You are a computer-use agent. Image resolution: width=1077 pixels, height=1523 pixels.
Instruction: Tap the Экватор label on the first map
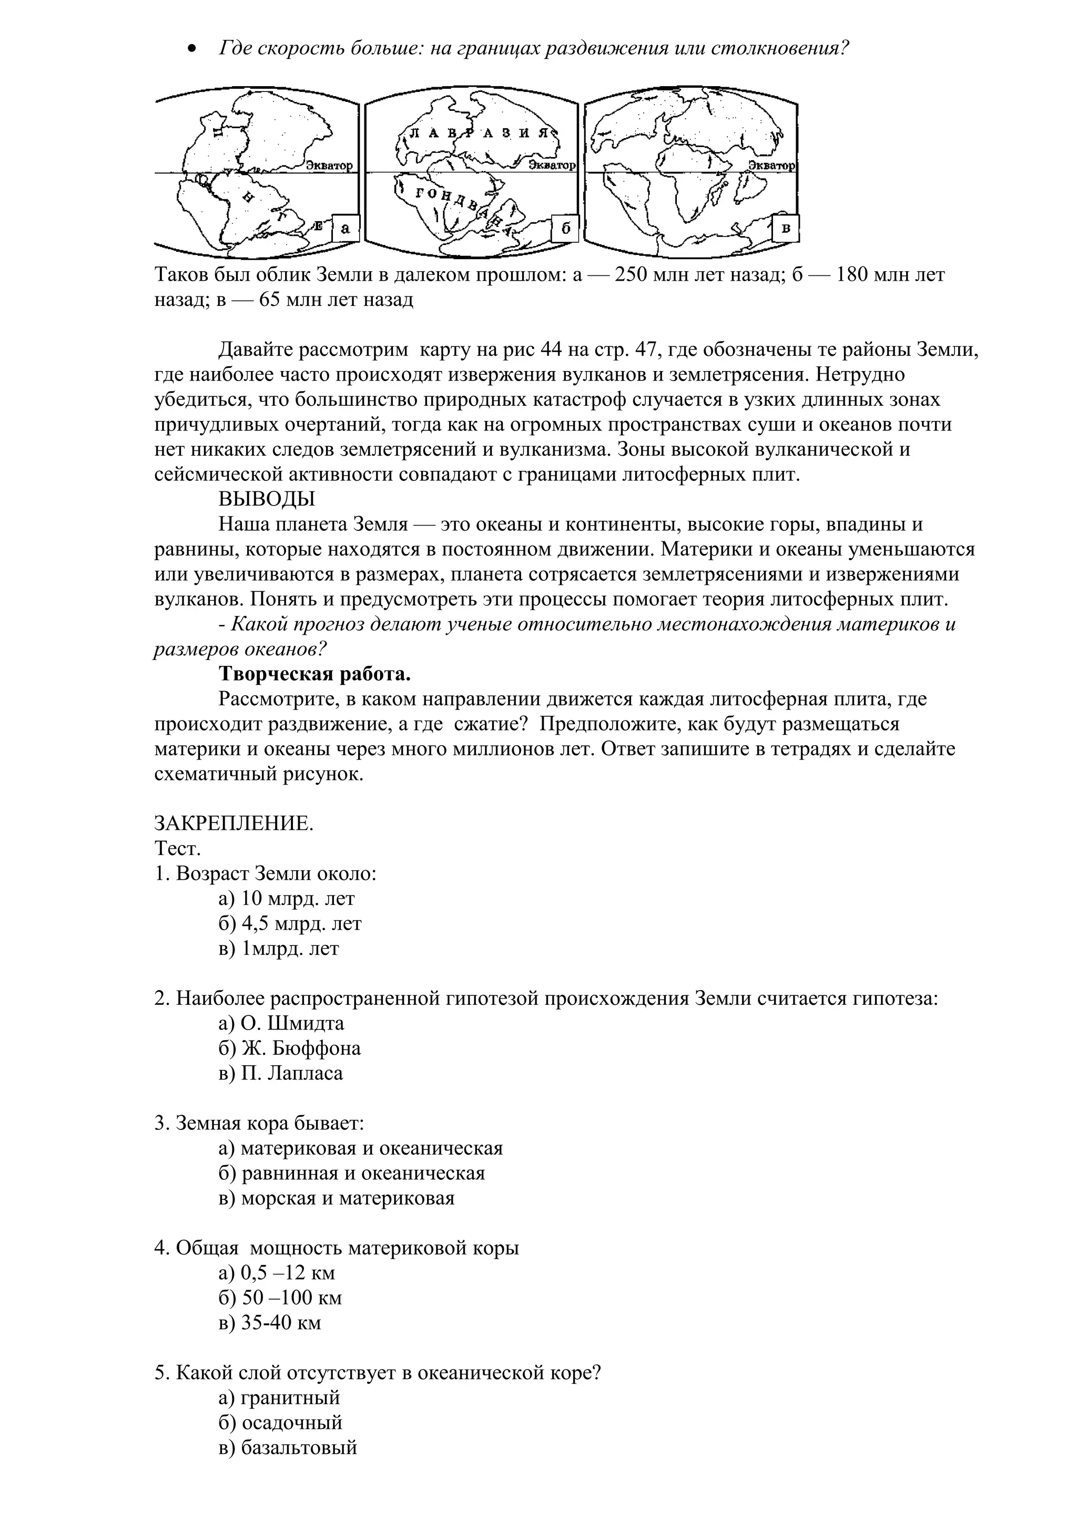point(329,166)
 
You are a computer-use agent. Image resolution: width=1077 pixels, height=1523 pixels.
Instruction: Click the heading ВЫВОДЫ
point(267,499)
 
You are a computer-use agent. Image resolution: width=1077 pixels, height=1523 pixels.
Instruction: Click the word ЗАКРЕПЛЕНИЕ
point(233,824)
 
